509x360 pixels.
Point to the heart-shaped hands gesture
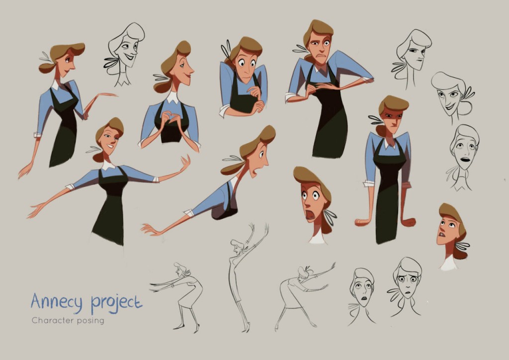(170, 118)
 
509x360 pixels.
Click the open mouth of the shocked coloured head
(310, 214)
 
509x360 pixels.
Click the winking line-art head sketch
(125, 52)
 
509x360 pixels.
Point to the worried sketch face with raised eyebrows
(406, 285)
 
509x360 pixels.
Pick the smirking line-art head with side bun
(453, 96)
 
